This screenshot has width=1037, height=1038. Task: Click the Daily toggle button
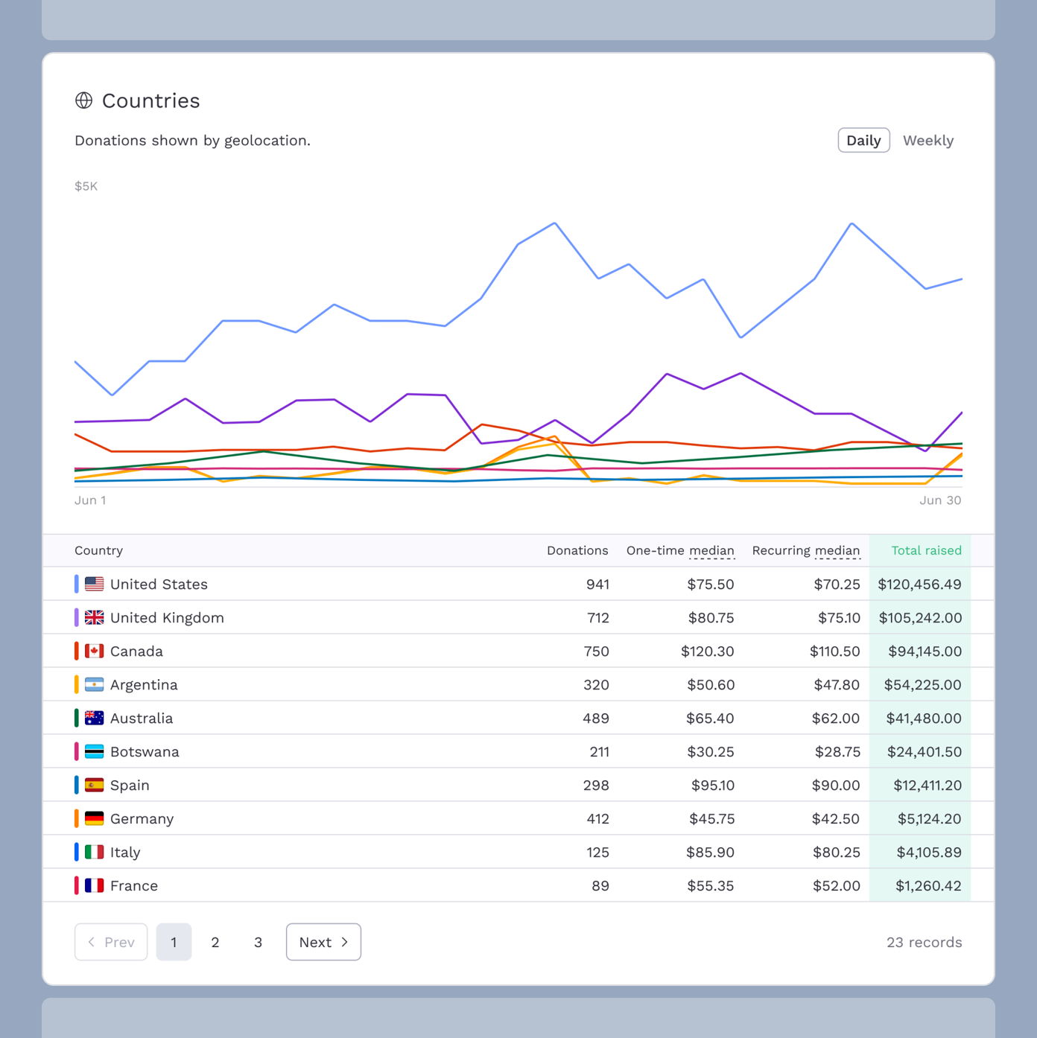click(863, 141)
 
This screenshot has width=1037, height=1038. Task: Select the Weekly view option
click(927, 141)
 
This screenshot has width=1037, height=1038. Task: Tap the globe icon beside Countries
click(84, 101)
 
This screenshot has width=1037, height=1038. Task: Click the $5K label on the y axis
click(86, 186)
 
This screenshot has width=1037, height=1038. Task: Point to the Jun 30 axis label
click(939, 500)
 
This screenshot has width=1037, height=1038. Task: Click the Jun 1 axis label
click(90, 500)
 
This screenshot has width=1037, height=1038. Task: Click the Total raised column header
click(926, 550)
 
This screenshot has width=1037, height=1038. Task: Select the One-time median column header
click(679, 550)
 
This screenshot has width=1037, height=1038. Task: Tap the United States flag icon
click(95, 585)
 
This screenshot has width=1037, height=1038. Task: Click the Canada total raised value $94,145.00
click(925, 652)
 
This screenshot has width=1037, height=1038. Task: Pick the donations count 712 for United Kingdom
click(597, 618)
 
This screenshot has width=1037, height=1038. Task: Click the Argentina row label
click(144, 685)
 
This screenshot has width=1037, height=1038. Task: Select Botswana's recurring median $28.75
click(837, 752)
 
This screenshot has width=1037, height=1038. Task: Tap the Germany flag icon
click(95, 819)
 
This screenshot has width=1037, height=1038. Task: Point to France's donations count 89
click(600, 886)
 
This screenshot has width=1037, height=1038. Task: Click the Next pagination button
click(323, 942)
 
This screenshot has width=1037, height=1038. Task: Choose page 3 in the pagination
click(258, 942)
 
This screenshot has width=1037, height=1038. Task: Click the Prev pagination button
click(111, 942)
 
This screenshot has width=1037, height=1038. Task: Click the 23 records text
click(924, 942)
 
